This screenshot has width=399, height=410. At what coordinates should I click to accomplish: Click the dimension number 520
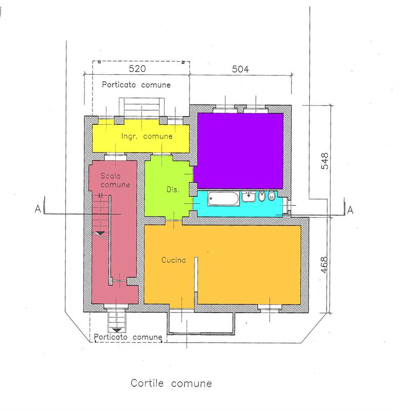click(x=137, y=69)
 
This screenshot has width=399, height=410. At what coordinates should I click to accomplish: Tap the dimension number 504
click(x=240, y=69)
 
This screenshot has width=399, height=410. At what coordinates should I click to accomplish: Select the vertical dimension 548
click(x=324, y=161)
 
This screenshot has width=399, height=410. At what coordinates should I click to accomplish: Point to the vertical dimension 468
click(x=324, y=265)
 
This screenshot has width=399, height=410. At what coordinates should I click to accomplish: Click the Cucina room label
click(x=174, y=260)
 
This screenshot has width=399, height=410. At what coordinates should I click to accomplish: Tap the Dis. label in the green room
click(x=173, y=190)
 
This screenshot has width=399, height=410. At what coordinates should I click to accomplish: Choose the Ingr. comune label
click(x=147, y=136)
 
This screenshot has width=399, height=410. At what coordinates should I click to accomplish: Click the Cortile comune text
click(x=171, y=383)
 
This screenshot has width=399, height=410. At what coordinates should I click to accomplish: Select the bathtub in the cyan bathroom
click(x=224, y=199)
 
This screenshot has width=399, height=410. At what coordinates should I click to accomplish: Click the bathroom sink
click(x=249, y=197)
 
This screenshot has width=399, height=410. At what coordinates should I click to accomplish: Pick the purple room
click(x=240, y=151)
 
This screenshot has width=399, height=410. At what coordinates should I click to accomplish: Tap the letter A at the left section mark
click(x=38, y=209)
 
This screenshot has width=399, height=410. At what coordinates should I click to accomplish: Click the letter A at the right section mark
click(x=350, y=210)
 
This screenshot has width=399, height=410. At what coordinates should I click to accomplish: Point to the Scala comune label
click(x=115, y=180)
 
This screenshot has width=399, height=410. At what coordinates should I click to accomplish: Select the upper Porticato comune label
click(x=136, y=85)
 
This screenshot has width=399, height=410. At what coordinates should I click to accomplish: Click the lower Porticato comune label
click(x=128, y=337)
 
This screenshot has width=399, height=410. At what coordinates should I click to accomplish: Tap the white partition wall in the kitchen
click(x=196, y=274)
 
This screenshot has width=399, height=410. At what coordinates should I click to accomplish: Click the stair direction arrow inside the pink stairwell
click(x=100, y=234)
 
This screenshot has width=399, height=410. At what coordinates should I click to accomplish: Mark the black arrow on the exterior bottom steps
click(x=117, y=330)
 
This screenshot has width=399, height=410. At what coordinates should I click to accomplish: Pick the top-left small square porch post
click(x=99, y=62)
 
